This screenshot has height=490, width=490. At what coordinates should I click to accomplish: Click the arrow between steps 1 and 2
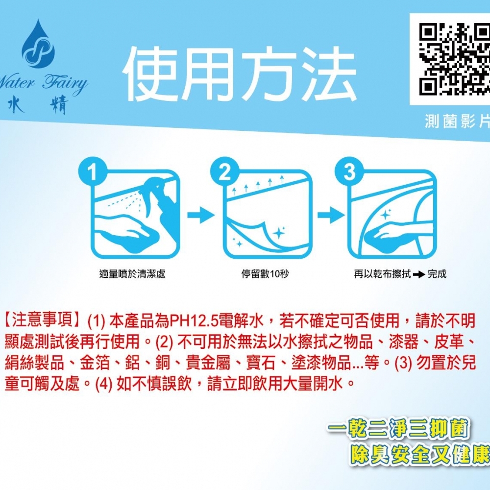(x=201, y=214)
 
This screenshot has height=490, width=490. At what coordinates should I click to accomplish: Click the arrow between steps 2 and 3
(x=329, y=214)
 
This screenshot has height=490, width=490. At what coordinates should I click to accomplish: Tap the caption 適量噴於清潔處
(x=132, y=274)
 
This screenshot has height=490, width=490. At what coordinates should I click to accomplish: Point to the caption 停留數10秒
(x=265, y=274)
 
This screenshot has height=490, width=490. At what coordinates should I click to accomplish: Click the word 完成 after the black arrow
(x=437, y=274)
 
